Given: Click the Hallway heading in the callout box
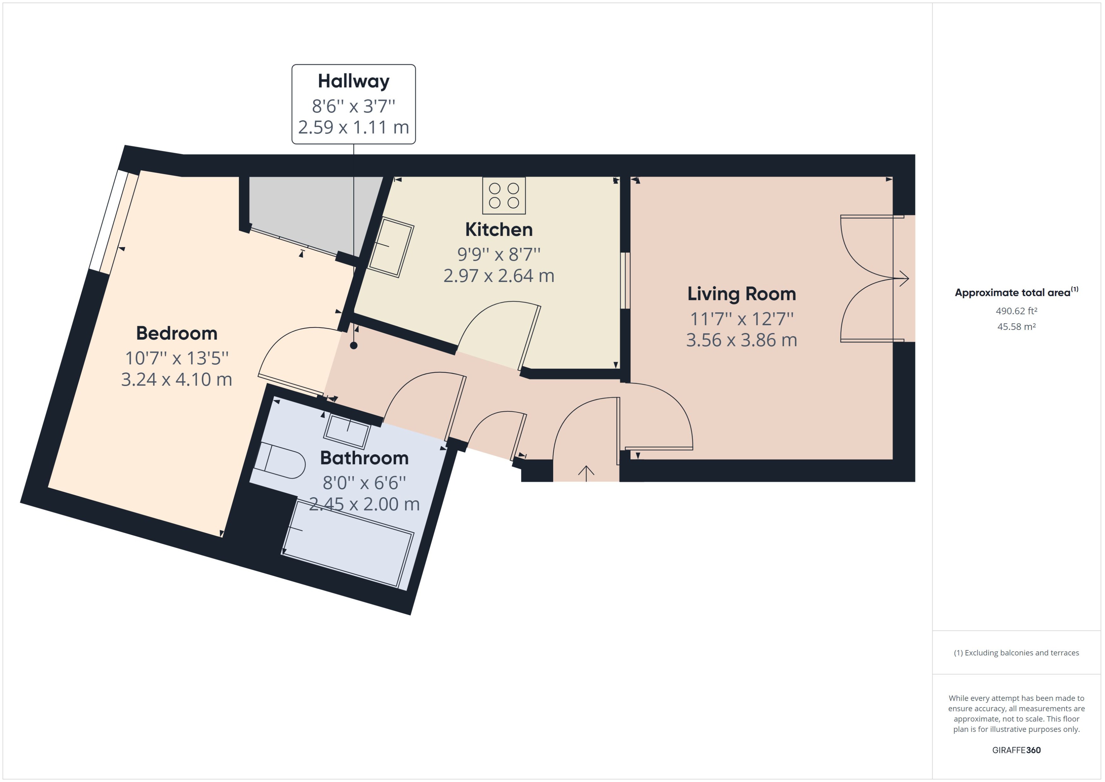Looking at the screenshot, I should [x=353, y=81].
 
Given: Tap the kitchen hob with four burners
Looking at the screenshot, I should [x=504, y=195].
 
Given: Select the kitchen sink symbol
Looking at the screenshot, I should [x=391, y=247].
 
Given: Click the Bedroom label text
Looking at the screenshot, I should [x=177, y=333].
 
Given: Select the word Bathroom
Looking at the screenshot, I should [x=364, y=458].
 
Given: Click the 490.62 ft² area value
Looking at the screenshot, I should [x=1016, y=311].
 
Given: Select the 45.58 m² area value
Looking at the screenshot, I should [x=1016, y=326].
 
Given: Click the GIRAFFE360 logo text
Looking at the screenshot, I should [x=1016, y=750].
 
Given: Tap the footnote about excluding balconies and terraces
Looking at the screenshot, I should [x=1016, y=653].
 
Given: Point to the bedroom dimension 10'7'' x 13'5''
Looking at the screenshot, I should [x=177, y=358].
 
